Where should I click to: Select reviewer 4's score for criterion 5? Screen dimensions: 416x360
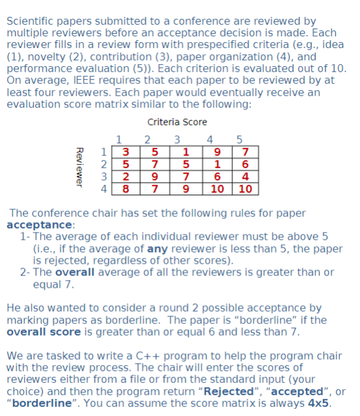click(245, 189)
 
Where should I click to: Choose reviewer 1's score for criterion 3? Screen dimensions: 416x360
click(185, 153)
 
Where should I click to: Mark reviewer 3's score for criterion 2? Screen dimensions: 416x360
click(154, 177)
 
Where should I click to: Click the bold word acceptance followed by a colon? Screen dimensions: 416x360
click(38, 225)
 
